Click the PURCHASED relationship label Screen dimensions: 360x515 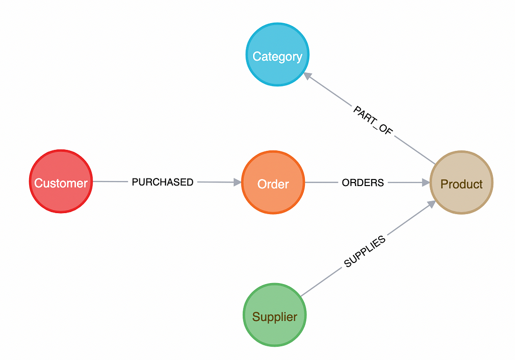(162, 183)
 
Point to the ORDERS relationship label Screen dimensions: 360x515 (363, 183)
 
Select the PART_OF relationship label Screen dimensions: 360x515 (373, 120)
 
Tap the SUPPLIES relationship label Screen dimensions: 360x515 (365, 251)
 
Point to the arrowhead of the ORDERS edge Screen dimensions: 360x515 (426, 183)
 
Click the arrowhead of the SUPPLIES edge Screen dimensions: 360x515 (431, 204)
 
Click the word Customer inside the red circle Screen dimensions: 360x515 (61, 184)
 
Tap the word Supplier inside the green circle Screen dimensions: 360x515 (274, 317)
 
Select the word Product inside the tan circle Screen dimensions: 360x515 (461, 185)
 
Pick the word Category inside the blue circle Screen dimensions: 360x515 (277, 56)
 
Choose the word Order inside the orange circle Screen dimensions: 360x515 (273, 185)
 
